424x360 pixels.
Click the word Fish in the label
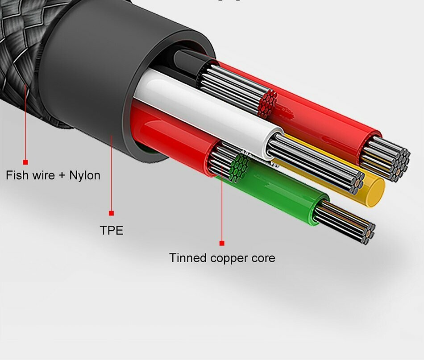pos(17,175)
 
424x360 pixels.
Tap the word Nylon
pos(85,175)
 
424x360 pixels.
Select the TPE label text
pos(112,230)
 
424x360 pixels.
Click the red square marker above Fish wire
pos(25,162)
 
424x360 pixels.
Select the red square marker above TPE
pos(111,213)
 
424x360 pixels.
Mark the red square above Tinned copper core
pos(222,243)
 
